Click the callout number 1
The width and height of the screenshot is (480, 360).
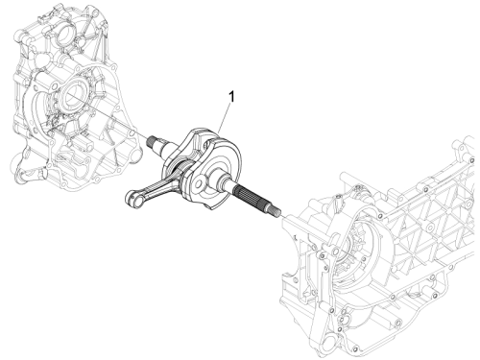[231, 97]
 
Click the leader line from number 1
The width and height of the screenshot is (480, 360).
[225, 118]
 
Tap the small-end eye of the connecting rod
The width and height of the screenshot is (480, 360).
[132, 199]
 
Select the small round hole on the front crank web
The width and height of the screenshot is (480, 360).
[199, 184]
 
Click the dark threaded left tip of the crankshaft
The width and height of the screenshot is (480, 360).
[152, 141]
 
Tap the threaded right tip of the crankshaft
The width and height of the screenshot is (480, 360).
[275, 211]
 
